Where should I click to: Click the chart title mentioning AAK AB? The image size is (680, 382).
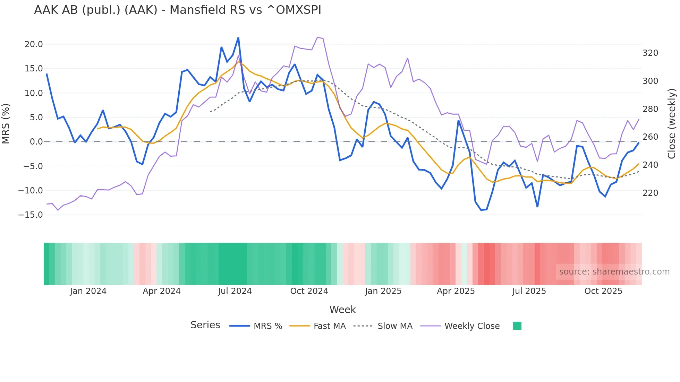(177, 10)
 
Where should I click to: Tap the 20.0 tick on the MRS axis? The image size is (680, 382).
(34, 44)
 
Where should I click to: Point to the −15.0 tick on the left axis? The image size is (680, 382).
(31, 215)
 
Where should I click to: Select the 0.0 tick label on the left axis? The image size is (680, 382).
(36, 142)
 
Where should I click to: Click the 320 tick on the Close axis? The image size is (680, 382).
(650, 53)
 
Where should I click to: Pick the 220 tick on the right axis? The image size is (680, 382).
(650, 193)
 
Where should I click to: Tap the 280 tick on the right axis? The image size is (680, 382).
(650, 109)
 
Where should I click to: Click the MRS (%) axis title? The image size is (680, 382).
(6, 123)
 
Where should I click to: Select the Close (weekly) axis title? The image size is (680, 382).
(672, 123)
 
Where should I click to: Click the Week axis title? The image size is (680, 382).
(342, 310)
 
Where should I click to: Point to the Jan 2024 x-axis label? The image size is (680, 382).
(88, 291)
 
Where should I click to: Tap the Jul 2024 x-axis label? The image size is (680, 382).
(235, 291)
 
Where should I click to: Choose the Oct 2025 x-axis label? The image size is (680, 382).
(603, 291)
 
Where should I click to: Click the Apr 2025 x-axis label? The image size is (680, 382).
(456, 291)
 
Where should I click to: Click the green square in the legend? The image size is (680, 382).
(517, 326)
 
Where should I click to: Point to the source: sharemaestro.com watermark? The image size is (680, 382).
(614, 272)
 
